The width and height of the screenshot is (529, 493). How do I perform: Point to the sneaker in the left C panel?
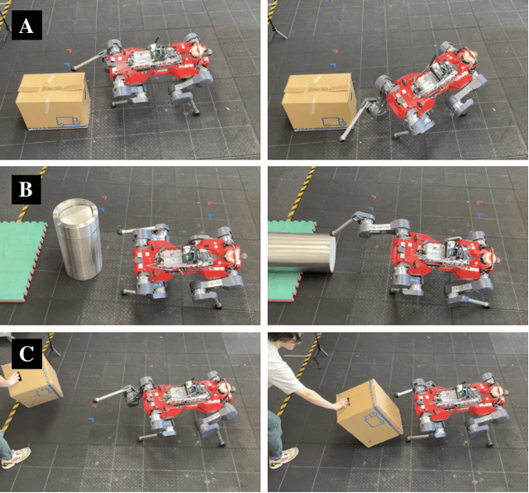(17, 457)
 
